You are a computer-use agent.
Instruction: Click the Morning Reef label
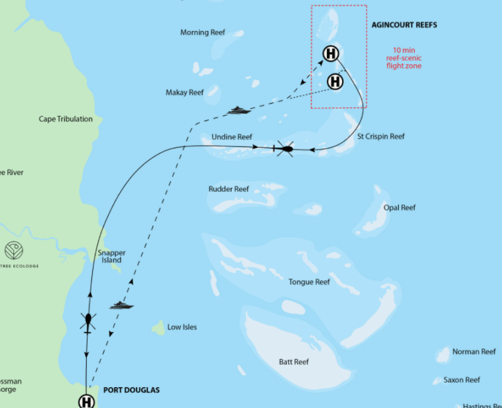pyautogui.click(x=203, y=33)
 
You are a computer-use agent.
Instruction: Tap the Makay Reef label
pyautogui.click(x=184, y=93)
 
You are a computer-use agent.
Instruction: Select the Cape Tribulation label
pyautogui.click(x=65, y=119)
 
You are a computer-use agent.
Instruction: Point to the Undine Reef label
pyautogui.click(x=232, y=137)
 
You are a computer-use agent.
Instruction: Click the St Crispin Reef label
pyautogui.click(x=381, y=136)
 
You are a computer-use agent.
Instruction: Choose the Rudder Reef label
pyautogui.click(x=228, y=189)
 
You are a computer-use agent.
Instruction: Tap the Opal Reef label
pyautogui.click(x=400, y=208)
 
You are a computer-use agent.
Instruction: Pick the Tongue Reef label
pyautogui.click(x=309, y=282)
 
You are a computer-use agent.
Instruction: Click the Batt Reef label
pyautogui.click(x=294, y=362)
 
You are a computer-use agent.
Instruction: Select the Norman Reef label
pyautogui.click(x=474, y=352)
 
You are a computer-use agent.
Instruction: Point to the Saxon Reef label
pyautogui.click(x=461, y=380)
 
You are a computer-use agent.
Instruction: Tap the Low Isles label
pyautogui.click(x=182, y=327)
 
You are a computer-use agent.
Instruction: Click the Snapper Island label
pyautogui.click(x=112, y=257)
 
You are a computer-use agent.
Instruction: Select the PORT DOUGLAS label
pyautogui.click(x=131, y=390)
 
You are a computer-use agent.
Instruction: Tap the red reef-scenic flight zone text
pyautogui.click(x=403, y=58)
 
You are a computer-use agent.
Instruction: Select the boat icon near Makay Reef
pyautogui.click(x=238, y=110)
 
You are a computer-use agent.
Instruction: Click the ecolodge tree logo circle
pyautogui.click(x=14, y=250)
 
